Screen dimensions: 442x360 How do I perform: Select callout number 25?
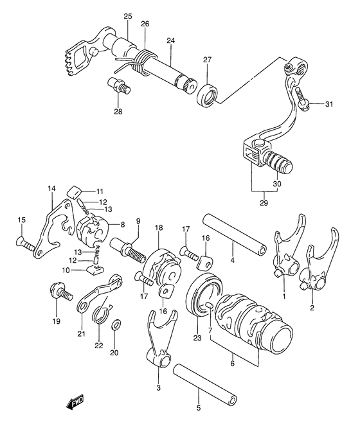point(127,16)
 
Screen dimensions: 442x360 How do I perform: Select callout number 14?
point(51,188)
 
